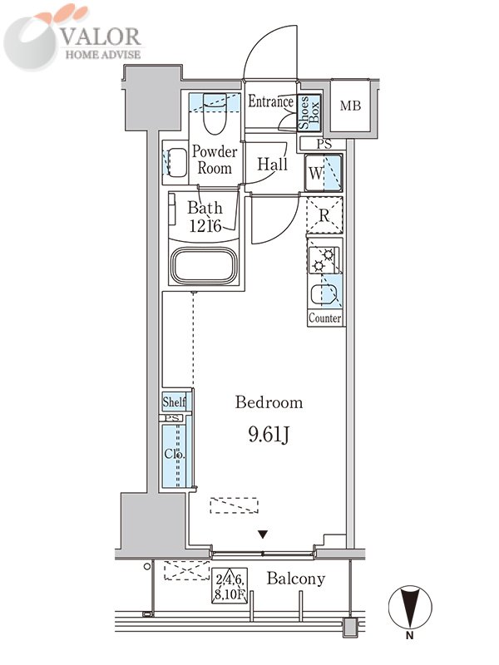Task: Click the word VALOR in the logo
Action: tap(101, 37)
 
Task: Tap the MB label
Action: tap(350, 106)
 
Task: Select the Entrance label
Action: tap(271, 101)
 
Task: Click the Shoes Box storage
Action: tap(309, 112)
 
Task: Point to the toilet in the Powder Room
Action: tap(215, 115)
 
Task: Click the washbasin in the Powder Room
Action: tap(175, 162)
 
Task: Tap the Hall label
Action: tap(273, 164)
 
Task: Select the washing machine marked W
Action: tap(324, 173)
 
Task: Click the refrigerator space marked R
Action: tap(324, 215)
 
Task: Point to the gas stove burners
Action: tap(324, 260)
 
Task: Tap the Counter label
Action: tap(324, 318)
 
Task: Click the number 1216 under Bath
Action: tap(205, 225)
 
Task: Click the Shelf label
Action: tap(174, 401)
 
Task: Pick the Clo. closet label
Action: tap(175, 454)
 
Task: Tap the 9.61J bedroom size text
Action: tap(269, 435)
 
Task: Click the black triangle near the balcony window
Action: tap(264, 534)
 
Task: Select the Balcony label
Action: tap(296, 579)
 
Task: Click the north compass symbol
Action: tap(410, 607)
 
